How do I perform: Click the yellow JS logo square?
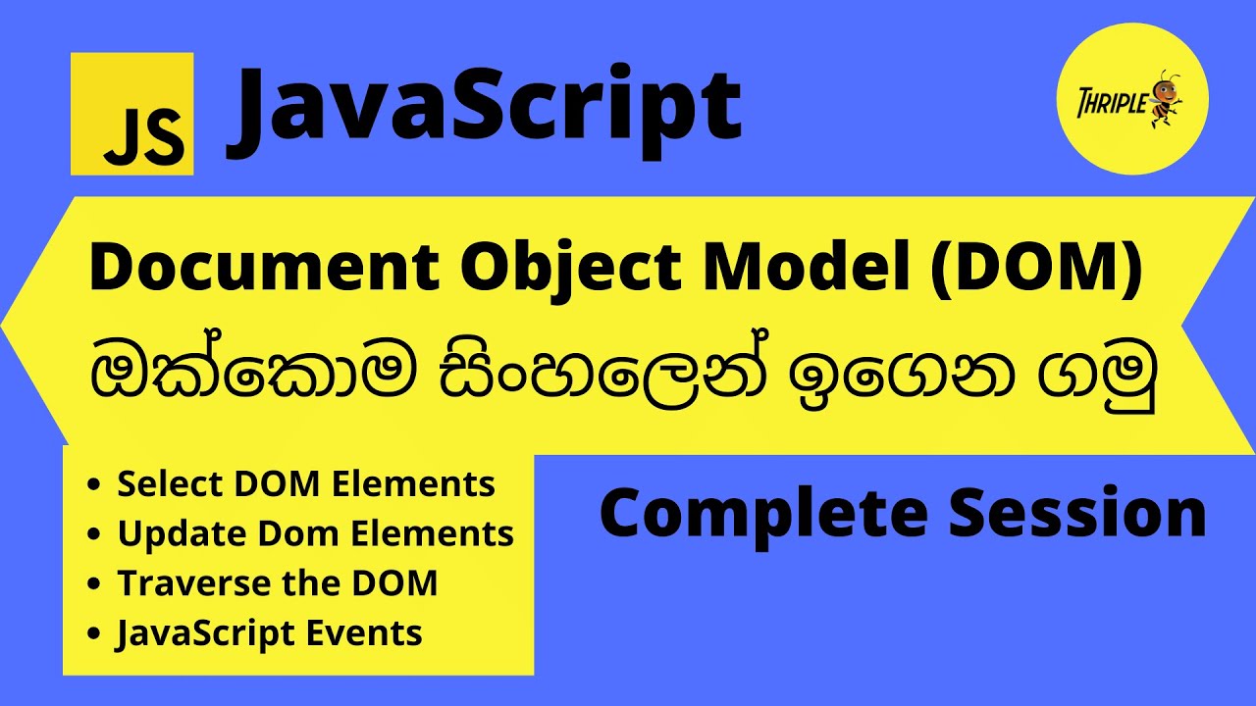(132, 114)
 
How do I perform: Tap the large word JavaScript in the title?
(485, 109)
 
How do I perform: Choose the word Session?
(1075, 512)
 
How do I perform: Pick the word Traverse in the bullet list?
(178, 582)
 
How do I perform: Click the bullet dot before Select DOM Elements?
(93, 484)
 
